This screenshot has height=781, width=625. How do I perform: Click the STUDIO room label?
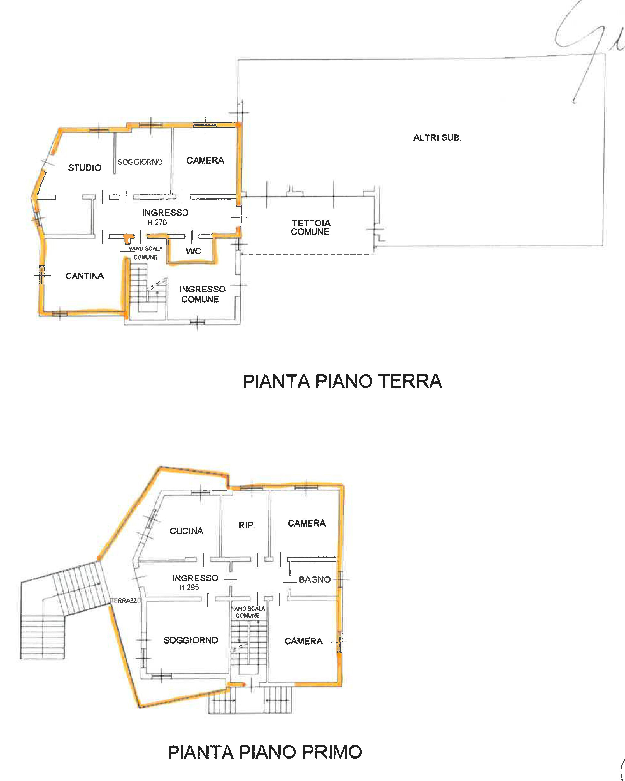tap(85, 167)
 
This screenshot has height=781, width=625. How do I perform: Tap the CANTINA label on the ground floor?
tap(85, 276)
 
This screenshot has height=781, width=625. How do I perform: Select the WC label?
tap(193, 251)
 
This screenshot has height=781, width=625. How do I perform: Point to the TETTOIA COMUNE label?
tap(311, 227)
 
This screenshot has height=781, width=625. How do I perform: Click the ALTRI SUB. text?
tap(437, 138)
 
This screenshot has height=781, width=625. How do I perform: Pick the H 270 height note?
tap(157, 222)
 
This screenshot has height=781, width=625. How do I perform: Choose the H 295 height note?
tap(189, 587)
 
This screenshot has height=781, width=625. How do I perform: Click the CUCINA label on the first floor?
tap(186, 531)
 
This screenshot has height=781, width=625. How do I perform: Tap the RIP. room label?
tap(246, 525)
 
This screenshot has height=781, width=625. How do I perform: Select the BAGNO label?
tap(314, 579)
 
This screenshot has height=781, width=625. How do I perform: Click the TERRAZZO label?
tap(124, 600)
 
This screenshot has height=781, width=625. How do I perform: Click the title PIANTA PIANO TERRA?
tap(342, 381)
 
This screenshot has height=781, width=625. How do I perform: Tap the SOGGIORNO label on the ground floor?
tap(140, 162)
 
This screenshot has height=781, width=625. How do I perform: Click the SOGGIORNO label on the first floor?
tap(191, 640)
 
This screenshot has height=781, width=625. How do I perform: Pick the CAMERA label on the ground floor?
tap(205, 160)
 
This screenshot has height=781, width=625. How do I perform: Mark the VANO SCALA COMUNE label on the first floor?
tap(248, 612)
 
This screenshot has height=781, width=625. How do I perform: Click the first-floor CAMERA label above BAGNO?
tap(306, 523)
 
